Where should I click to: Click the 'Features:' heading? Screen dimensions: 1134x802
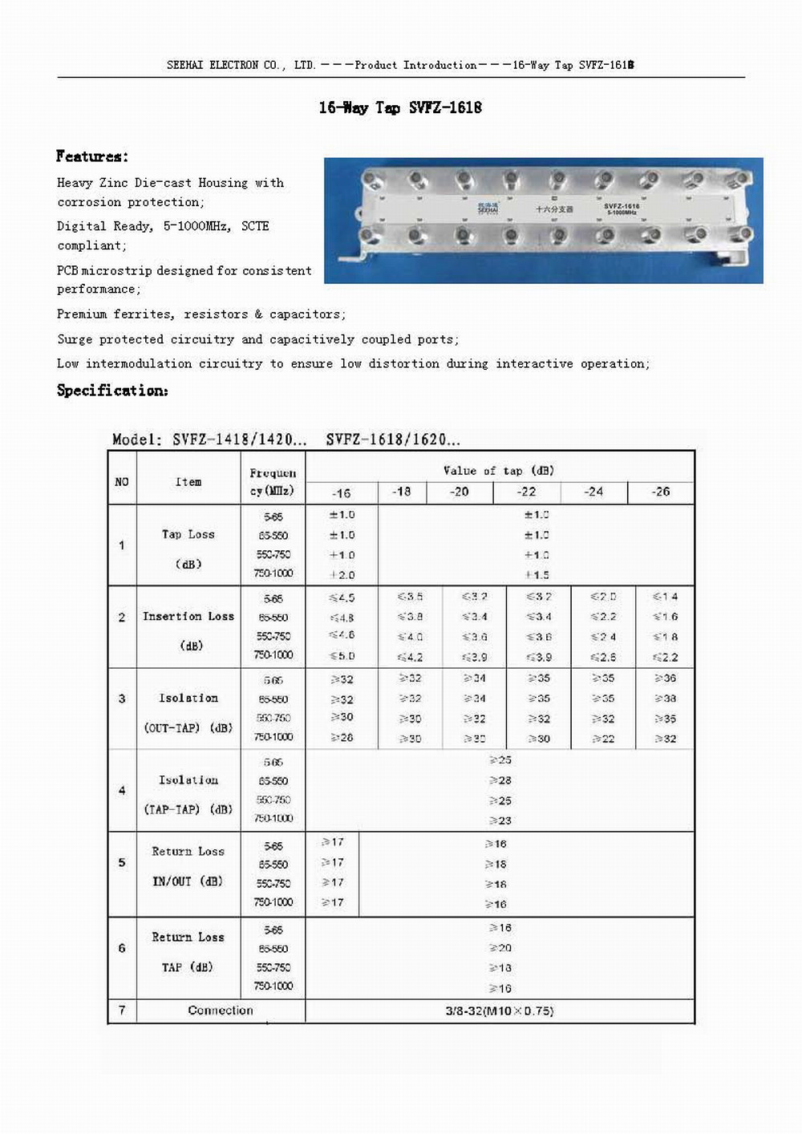91,156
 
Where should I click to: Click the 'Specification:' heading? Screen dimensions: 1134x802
112,391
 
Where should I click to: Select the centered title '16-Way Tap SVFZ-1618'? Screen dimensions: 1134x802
400,107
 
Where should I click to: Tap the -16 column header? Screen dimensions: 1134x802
341,492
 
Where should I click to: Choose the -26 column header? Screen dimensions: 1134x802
660,492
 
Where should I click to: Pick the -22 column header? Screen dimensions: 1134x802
526,492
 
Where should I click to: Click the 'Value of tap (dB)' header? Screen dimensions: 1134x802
498,470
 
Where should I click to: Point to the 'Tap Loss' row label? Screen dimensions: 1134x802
188,534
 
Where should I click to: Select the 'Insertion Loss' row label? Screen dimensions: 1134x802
188,616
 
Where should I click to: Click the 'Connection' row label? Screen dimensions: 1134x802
221,1010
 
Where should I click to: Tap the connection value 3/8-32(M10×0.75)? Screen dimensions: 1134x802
499,1010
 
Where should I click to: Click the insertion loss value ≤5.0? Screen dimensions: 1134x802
342,656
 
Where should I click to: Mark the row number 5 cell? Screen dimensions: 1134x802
122,863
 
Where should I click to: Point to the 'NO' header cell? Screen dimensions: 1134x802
122,482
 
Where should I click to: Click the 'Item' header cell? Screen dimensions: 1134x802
188,482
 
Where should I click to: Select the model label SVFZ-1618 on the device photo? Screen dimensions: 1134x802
622,206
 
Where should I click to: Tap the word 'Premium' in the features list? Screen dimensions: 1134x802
80,314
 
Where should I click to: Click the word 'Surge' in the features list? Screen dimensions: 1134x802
74,339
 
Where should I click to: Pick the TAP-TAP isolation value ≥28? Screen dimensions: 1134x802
500,780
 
